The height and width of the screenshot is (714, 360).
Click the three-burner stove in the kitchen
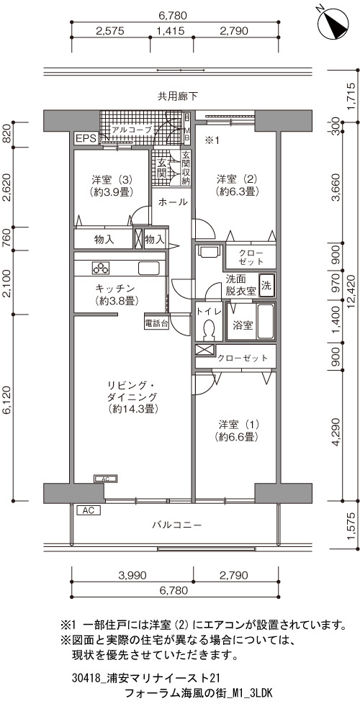point(101,268)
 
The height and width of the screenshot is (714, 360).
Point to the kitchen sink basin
point(148,268)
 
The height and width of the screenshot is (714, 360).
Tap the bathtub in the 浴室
point(266,322)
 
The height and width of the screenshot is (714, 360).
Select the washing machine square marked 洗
point(267,285)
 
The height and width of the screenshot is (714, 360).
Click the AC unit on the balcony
point(89,510)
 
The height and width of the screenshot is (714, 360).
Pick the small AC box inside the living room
point(105,479)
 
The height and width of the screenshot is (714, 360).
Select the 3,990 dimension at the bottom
point(132,575)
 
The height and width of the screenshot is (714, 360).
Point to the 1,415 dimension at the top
point(170,31)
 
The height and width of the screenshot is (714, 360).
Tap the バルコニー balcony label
point(177,525)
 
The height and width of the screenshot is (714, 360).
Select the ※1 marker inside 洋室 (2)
point(212,140)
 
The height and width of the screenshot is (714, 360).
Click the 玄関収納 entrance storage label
point(186,168)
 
